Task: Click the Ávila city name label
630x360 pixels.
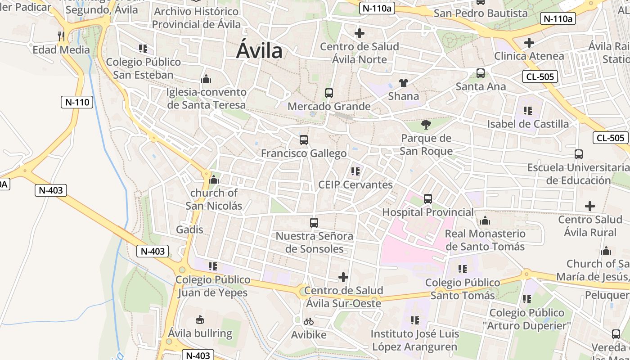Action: click(260, 51)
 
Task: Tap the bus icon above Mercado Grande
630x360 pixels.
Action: click(329, 93)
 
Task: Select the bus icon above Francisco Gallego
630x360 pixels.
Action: click(304, 140)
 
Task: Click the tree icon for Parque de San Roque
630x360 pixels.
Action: click(426, 125)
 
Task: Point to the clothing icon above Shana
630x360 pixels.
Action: click(403, 83)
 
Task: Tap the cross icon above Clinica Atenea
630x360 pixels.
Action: click(529, 43)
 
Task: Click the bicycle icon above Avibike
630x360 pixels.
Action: click(309, 321)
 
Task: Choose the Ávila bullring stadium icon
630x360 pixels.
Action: click(200, 320)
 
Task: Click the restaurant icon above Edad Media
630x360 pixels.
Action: click(61, 36)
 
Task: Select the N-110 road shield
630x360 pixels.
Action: click(77, 102)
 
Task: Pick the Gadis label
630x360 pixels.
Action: click(190, 229)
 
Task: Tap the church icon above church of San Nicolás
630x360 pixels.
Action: click(214, 180)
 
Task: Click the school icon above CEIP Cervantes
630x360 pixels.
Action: click(355, 171)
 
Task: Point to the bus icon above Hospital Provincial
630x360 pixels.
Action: click(428, 199)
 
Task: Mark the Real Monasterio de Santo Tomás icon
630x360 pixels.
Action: click(485, 220)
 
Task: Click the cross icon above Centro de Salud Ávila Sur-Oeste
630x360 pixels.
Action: click(343, 277)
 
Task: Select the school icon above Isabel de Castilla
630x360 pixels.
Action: click(528, 110)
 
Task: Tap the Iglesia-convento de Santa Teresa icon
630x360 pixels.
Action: click(206, 79)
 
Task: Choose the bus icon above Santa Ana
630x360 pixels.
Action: click(481, 73)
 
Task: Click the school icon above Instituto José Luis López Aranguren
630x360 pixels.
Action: click(415, 320)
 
